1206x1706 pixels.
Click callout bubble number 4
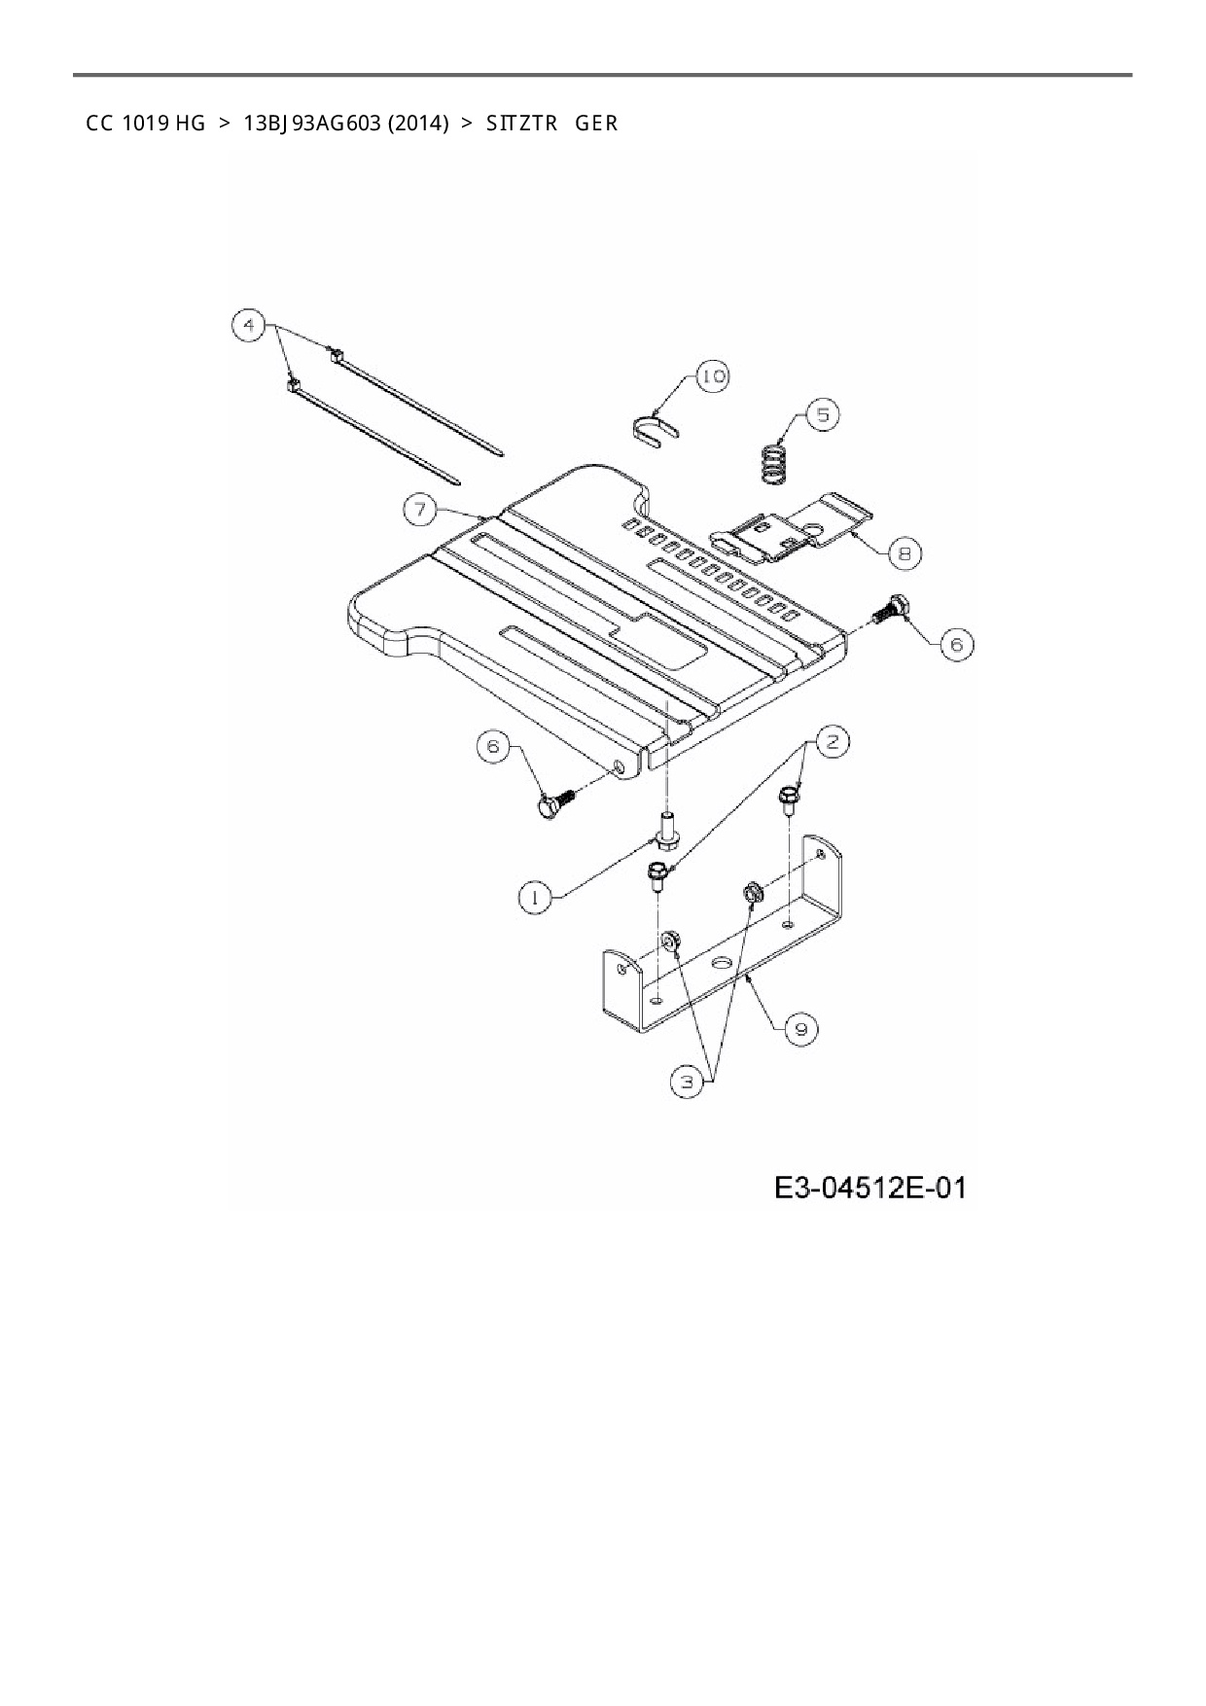[x=250, y=324]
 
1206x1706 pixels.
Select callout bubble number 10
[x=713, y=376]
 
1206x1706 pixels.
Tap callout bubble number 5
[x=823, y=414]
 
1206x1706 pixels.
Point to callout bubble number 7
[x=420, y=510]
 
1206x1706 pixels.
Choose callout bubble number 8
[x=904, y=553]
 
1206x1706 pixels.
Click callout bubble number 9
[x=800, y=1029]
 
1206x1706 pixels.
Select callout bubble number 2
[x=832, y=742]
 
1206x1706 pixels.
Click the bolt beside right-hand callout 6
[x=891, y=610]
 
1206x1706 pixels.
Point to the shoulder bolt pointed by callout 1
[x=666, y=830]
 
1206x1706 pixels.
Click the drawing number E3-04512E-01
[x=870, y=1188]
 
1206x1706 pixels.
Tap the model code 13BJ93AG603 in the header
[x=311, y=124]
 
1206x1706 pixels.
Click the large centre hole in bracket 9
[x=721, y=962]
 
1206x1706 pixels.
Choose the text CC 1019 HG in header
[x=146, y=124]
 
